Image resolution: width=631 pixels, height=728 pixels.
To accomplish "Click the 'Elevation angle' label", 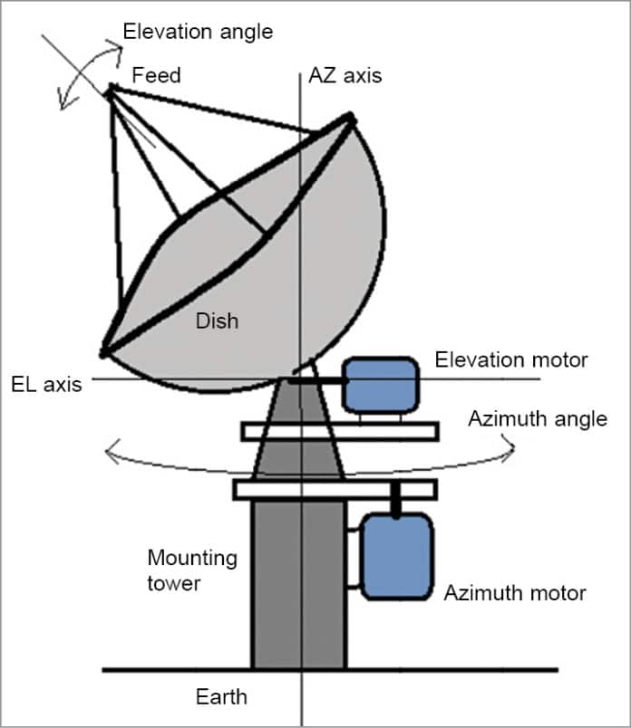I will [x=197, y=32].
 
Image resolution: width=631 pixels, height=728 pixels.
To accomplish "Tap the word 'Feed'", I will [x=156, y=75].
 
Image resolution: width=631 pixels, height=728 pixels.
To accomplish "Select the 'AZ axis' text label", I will [x=345, y=75].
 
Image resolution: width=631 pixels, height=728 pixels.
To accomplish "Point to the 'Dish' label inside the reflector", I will [x=217, y=320].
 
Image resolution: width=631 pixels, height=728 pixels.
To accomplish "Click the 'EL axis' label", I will [x=46, y=384].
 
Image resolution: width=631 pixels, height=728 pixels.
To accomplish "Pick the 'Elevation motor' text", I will [x=511, y=359].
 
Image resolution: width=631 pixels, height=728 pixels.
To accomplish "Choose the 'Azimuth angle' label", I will [x=538, y=419].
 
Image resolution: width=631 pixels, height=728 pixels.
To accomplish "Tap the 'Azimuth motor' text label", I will [x=514, y=594].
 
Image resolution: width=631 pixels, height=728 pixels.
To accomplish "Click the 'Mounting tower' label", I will [x=191, y=570].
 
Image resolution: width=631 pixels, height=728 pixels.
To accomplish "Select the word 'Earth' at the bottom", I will [x=221, y=697].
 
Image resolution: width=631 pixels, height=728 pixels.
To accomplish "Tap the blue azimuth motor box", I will [x=397, y=555].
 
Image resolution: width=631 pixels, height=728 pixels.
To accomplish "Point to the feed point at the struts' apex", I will [x=110, y=89].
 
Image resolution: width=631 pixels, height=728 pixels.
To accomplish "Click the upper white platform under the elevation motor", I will [x=340, y=431].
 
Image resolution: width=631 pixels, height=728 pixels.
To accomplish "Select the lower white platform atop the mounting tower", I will [x=335, y=489].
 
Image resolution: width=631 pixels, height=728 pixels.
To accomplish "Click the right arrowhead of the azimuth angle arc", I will [x=513, y=444].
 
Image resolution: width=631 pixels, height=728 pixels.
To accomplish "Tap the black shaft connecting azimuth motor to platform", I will [x=396, y=500].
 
